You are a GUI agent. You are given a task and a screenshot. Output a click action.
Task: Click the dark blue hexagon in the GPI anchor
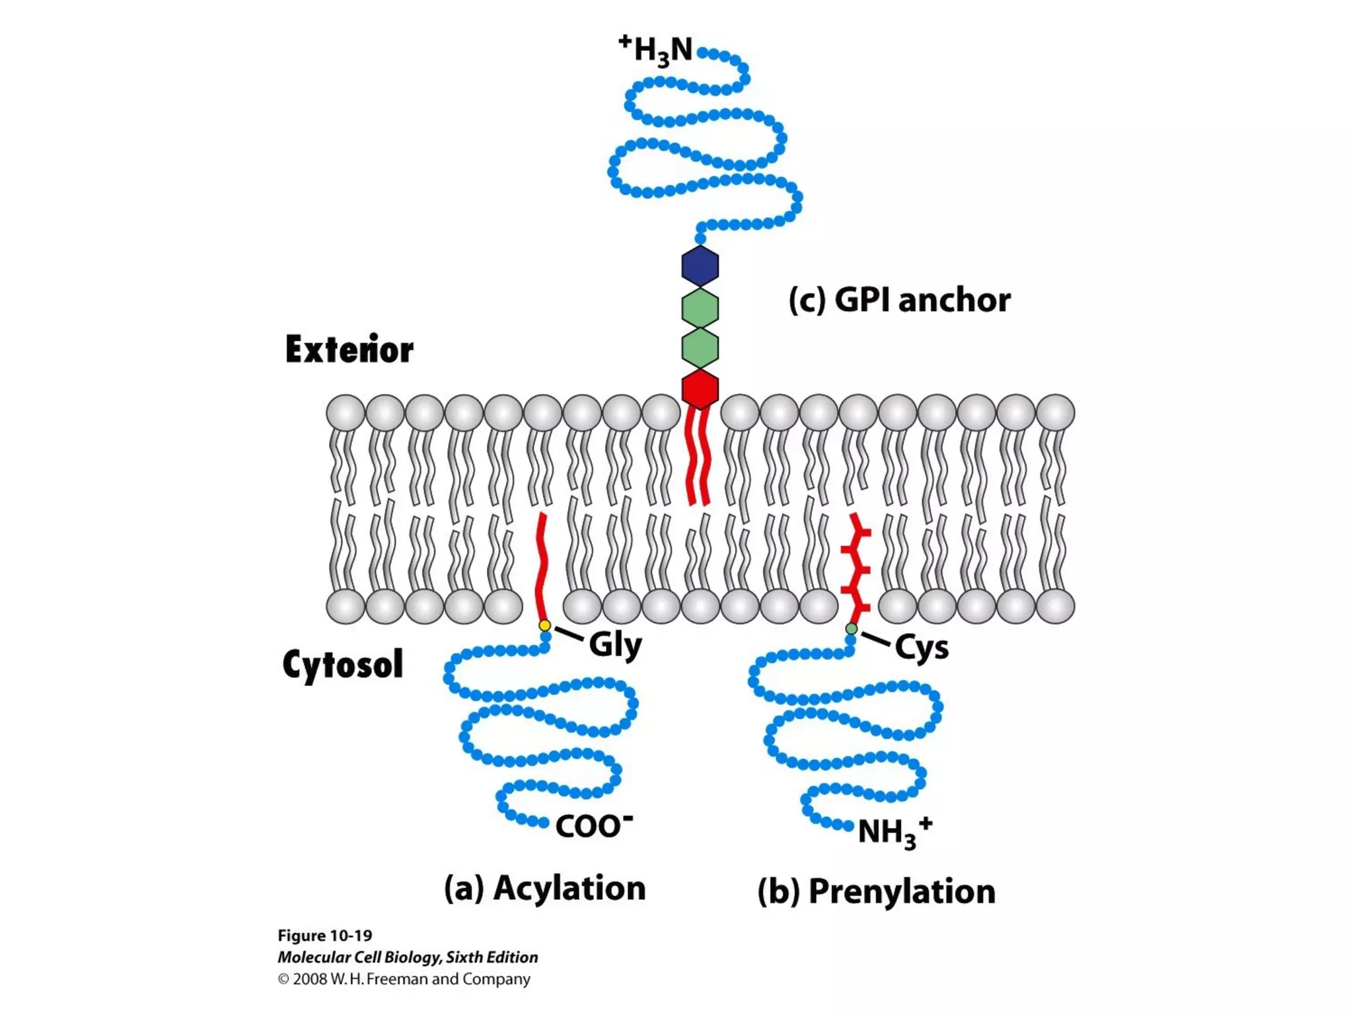click(700, 266)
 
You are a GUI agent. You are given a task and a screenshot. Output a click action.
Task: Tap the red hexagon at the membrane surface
click(700, 389)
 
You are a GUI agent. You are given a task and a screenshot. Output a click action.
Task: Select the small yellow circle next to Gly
click(544, 625)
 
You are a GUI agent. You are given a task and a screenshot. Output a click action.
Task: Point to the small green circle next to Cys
click(852, 629)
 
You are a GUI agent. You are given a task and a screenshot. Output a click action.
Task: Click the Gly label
click(615, 645)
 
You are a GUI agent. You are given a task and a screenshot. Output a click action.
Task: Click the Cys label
click(922, 648)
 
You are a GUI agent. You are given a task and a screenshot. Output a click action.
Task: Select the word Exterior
click(349, 350)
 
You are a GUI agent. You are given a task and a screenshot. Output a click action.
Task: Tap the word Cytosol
click(342, 664)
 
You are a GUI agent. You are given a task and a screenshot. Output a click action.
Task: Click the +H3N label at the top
click(656, 50)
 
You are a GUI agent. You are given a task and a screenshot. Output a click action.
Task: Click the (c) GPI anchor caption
click(899, 301)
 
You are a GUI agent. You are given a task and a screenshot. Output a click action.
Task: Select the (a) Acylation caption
click(544, 888)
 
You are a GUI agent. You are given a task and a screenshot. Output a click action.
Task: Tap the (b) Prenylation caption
click(876, 891)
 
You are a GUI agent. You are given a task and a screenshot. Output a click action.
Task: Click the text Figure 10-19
click(324, 936)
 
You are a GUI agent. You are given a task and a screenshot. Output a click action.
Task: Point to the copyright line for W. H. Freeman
click(404, 979)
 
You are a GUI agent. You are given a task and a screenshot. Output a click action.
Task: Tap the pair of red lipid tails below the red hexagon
click(698, 456)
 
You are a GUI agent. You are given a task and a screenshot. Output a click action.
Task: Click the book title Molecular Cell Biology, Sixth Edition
click(408, 957)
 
